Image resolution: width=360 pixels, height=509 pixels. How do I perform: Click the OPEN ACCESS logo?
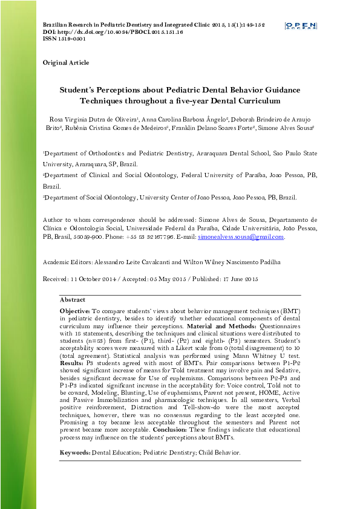[300, 25]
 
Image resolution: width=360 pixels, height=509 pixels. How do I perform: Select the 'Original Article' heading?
[65, 63]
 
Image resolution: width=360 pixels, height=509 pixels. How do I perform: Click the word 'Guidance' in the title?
[263, 89]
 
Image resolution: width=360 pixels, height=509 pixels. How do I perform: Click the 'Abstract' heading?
[73, 300]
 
